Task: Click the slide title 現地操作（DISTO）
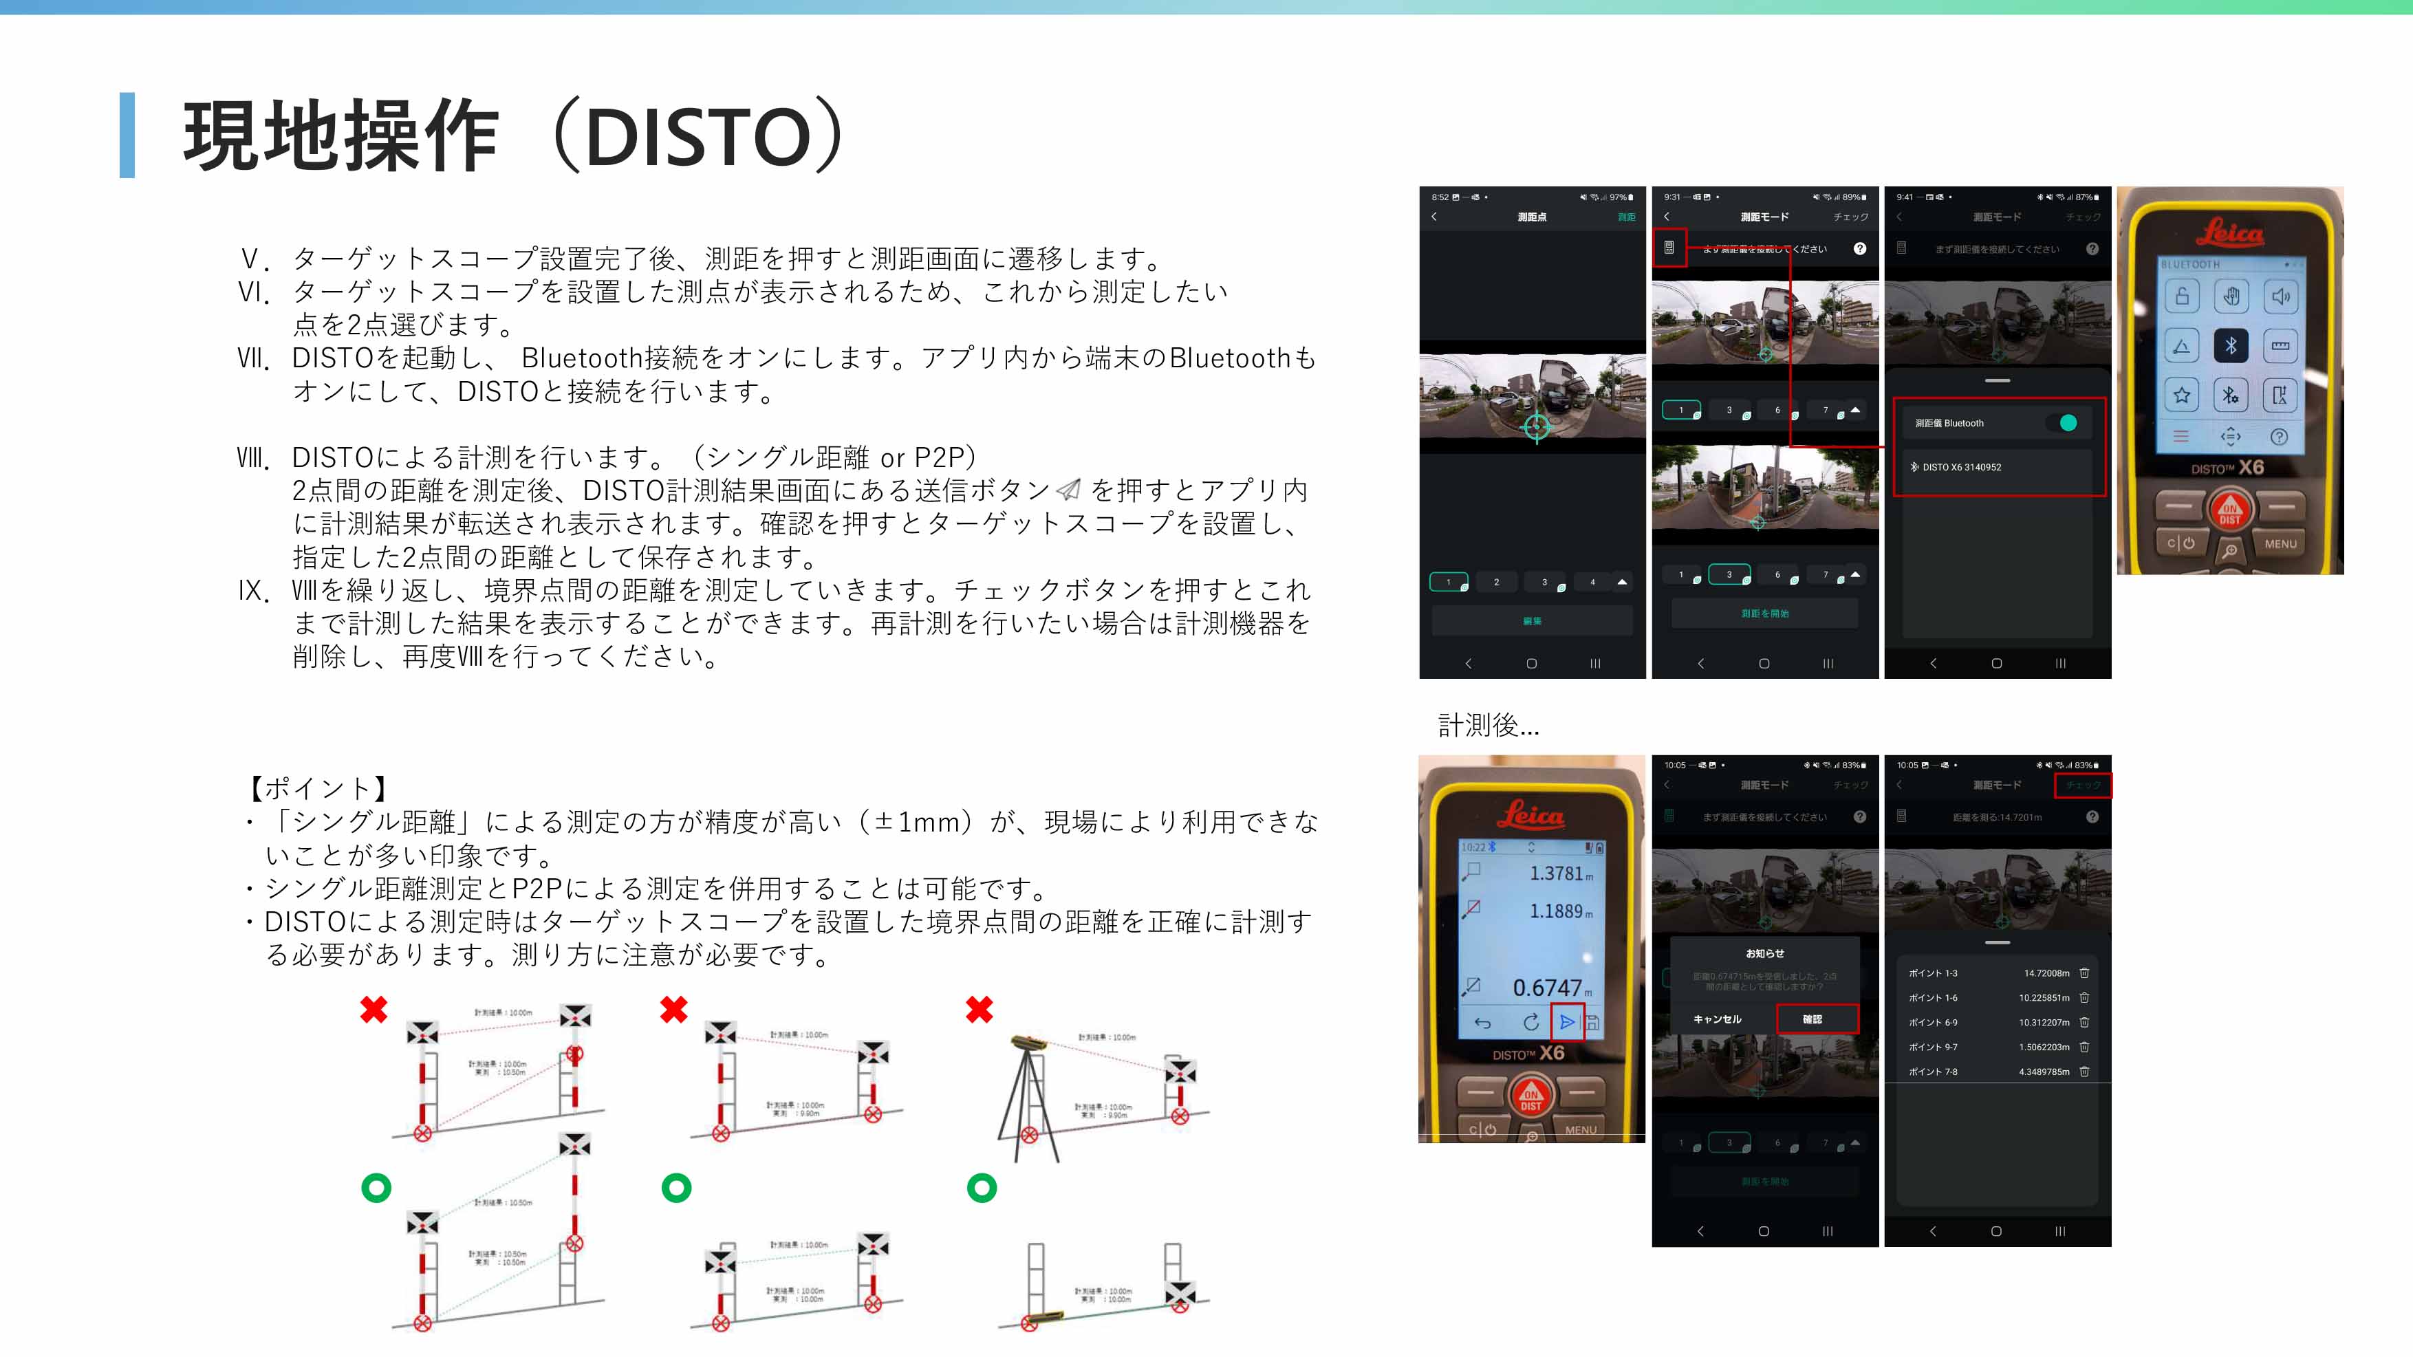[x=515, y=135]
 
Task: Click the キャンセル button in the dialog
[x=1717, y=1019]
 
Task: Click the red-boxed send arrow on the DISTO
[x=1567, y=1022]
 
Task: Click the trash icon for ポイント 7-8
[x=2084, y=1072]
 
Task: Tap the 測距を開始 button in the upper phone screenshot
[x=1765, y=614]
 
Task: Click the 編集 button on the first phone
[x=1532, y=621]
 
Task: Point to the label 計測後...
[x=1488, y=725]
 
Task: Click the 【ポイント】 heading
[x=318, y=788]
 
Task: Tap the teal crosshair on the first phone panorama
[x=1536, y=427]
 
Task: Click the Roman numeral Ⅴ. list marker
[x=255, y=259]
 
